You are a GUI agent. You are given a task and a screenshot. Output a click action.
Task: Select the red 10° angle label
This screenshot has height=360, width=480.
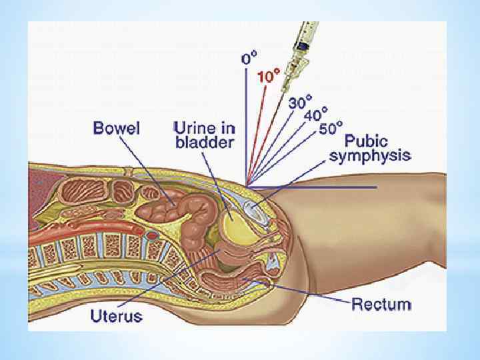click(267, 77)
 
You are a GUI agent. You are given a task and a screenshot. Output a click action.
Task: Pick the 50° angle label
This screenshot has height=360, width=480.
click(331, 128)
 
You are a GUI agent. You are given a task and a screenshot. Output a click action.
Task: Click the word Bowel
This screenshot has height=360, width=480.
click(117, 128)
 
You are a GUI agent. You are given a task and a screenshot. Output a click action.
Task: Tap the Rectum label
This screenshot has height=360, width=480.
click(381, 305)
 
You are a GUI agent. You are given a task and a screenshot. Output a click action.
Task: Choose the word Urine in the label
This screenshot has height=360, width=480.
click(193, 127)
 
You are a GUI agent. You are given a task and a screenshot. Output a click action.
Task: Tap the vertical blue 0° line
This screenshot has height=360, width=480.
click(246, 120)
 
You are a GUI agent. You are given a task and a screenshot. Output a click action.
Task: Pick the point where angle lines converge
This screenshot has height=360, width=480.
click(247, 185)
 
